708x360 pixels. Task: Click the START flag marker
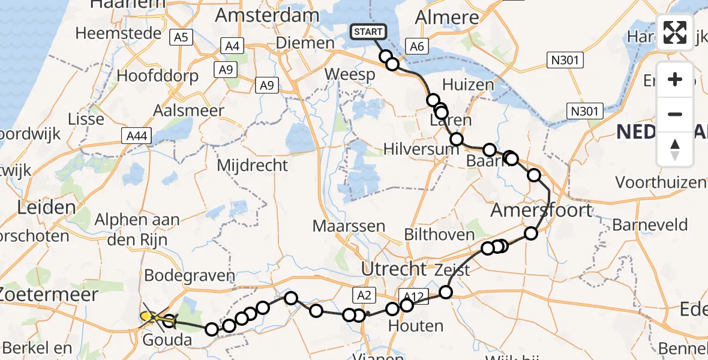(368, 32)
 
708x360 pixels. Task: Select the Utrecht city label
(394, 269)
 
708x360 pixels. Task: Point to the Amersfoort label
(541, 211)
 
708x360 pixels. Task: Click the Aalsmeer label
(188, 111)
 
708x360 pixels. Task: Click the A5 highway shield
(181, 38)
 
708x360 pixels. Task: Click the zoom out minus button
(675, 114)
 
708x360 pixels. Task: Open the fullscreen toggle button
(675, 32)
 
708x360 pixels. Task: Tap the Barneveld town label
(650, 226)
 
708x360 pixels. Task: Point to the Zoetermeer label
(48, 295)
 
